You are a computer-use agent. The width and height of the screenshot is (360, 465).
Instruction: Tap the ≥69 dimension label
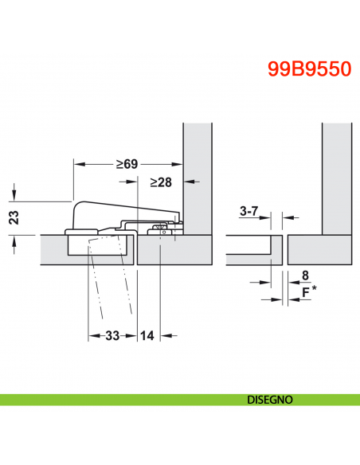(127, 164)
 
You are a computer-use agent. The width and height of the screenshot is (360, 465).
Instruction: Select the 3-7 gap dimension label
(249, 211)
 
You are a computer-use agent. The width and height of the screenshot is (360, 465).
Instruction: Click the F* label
(307, 292)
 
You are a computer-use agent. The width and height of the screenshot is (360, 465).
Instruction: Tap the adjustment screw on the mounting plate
(161, 230)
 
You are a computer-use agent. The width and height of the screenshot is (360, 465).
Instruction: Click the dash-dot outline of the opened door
(108, 279)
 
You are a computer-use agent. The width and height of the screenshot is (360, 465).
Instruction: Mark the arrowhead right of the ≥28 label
(179, 182)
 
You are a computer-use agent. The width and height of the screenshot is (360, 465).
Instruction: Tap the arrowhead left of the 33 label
(92, 335)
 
